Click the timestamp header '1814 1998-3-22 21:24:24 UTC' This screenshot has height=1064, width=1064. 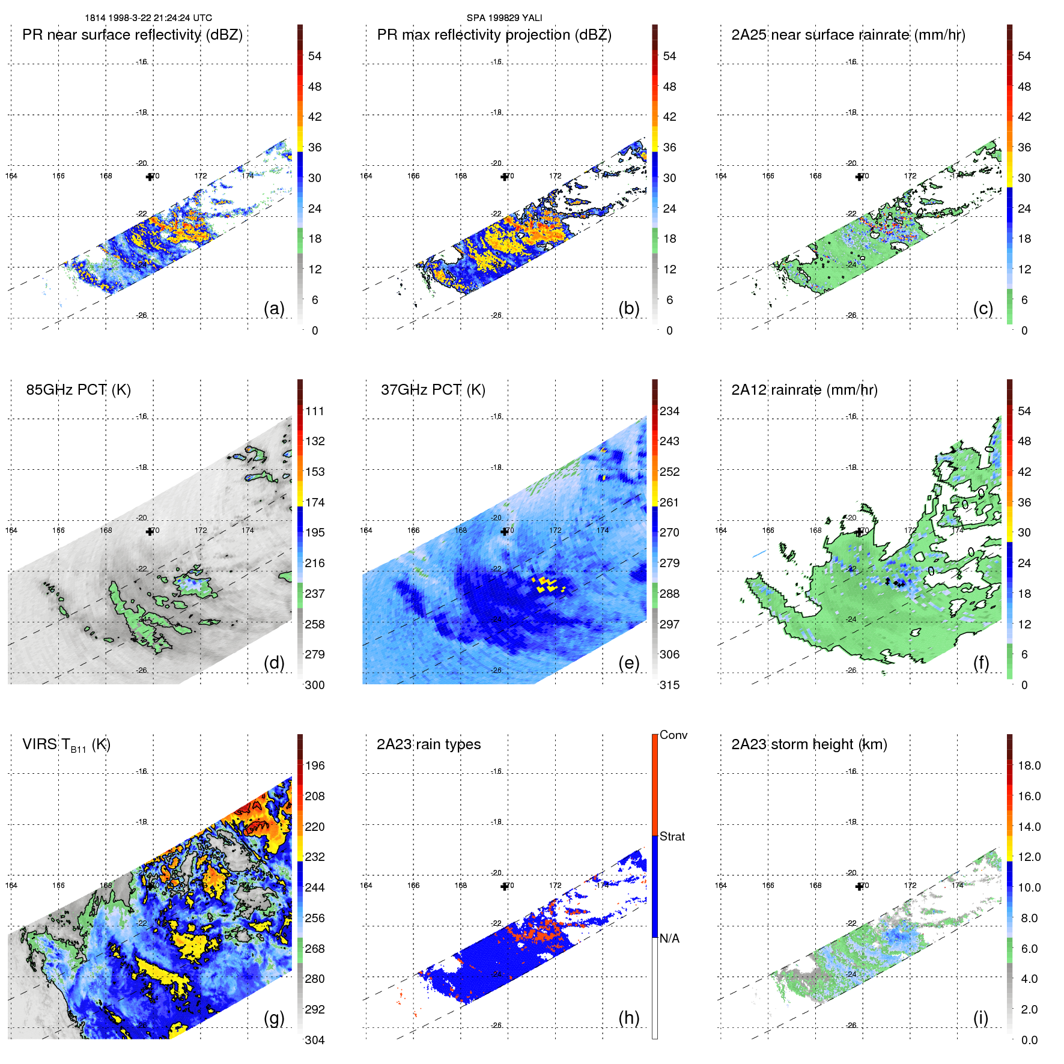point(148,18)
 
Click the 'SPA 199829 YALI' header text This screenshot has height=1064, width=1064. point(504,18)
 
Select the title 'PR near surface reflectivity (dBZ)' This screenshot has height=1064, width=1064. point(132,35)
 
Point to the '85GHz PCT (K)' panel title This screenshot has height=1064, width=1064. point(78,390)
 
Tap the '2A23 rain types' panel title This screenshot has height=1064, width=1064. point(428,744)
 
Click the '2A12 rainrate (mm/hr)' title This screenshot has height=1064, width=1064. point(804,390)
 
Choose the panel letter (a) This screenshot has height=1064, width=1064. point(274,308)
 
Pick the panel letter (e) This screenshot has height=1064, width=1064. point(628,663)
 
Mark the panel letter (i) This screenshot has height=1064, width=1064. point(980,1018)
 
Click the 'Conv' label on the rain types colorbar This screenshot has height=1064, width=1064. point(673,735)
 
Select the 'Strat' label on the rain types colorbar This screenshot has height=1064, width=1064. point(672,836)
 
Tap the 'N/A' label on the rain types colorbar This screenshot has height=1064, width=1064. point(669,938)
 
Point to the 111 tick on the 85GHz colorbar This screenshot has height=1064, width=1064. point(314,411)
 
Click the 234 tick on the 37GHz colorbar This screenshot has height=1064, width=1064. point(669,411)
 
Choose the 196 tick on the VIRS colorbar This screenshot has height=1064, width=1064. point(314,765)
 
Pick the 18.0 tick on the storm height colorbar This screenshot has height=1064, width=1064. point(1029,765)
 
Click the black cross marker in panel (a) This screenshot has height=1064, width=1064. point(150,177)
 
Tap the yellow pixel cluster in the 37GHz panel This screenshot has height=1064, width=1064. point(549,584)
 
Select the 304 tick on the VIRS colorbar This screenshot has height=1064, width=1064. point(314,1040)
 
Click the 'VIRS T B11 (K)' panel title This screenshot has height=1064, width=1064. point(66,745)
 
